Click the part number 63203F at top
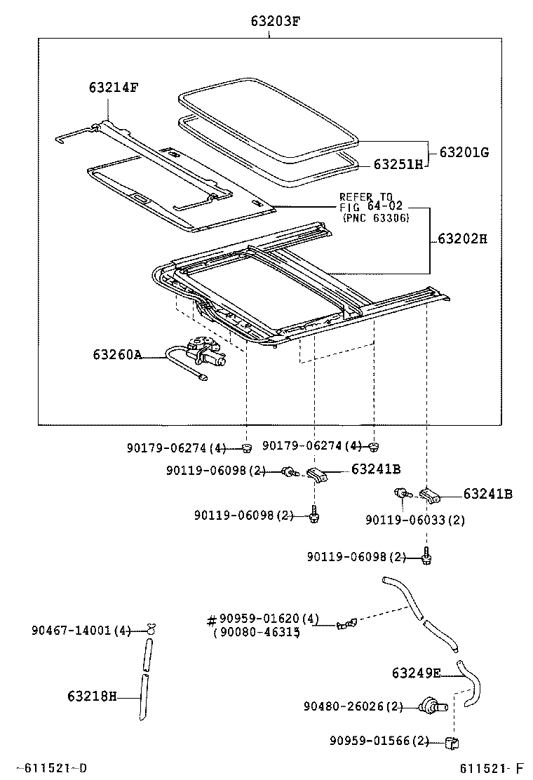click(x=275, y=20)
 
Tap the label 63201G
click(x=464, y=152)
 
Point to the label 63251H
click(x=398, y=164)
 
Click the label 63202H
click(x=461, y=238)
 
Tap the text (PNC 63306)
click(x=375, y=218)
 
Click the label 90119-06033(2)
click(x=415, y=520)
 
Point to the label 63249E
click(x=415, y=673)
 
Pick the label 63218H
click(x=92, y=696)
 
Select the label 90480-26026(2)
click(x=353, y=706)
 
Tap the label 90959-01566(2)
click(x=379, y=741)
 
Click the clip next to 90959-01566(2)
click(x=452, y=741)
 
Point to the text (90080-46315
click(x=256, y=632)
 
